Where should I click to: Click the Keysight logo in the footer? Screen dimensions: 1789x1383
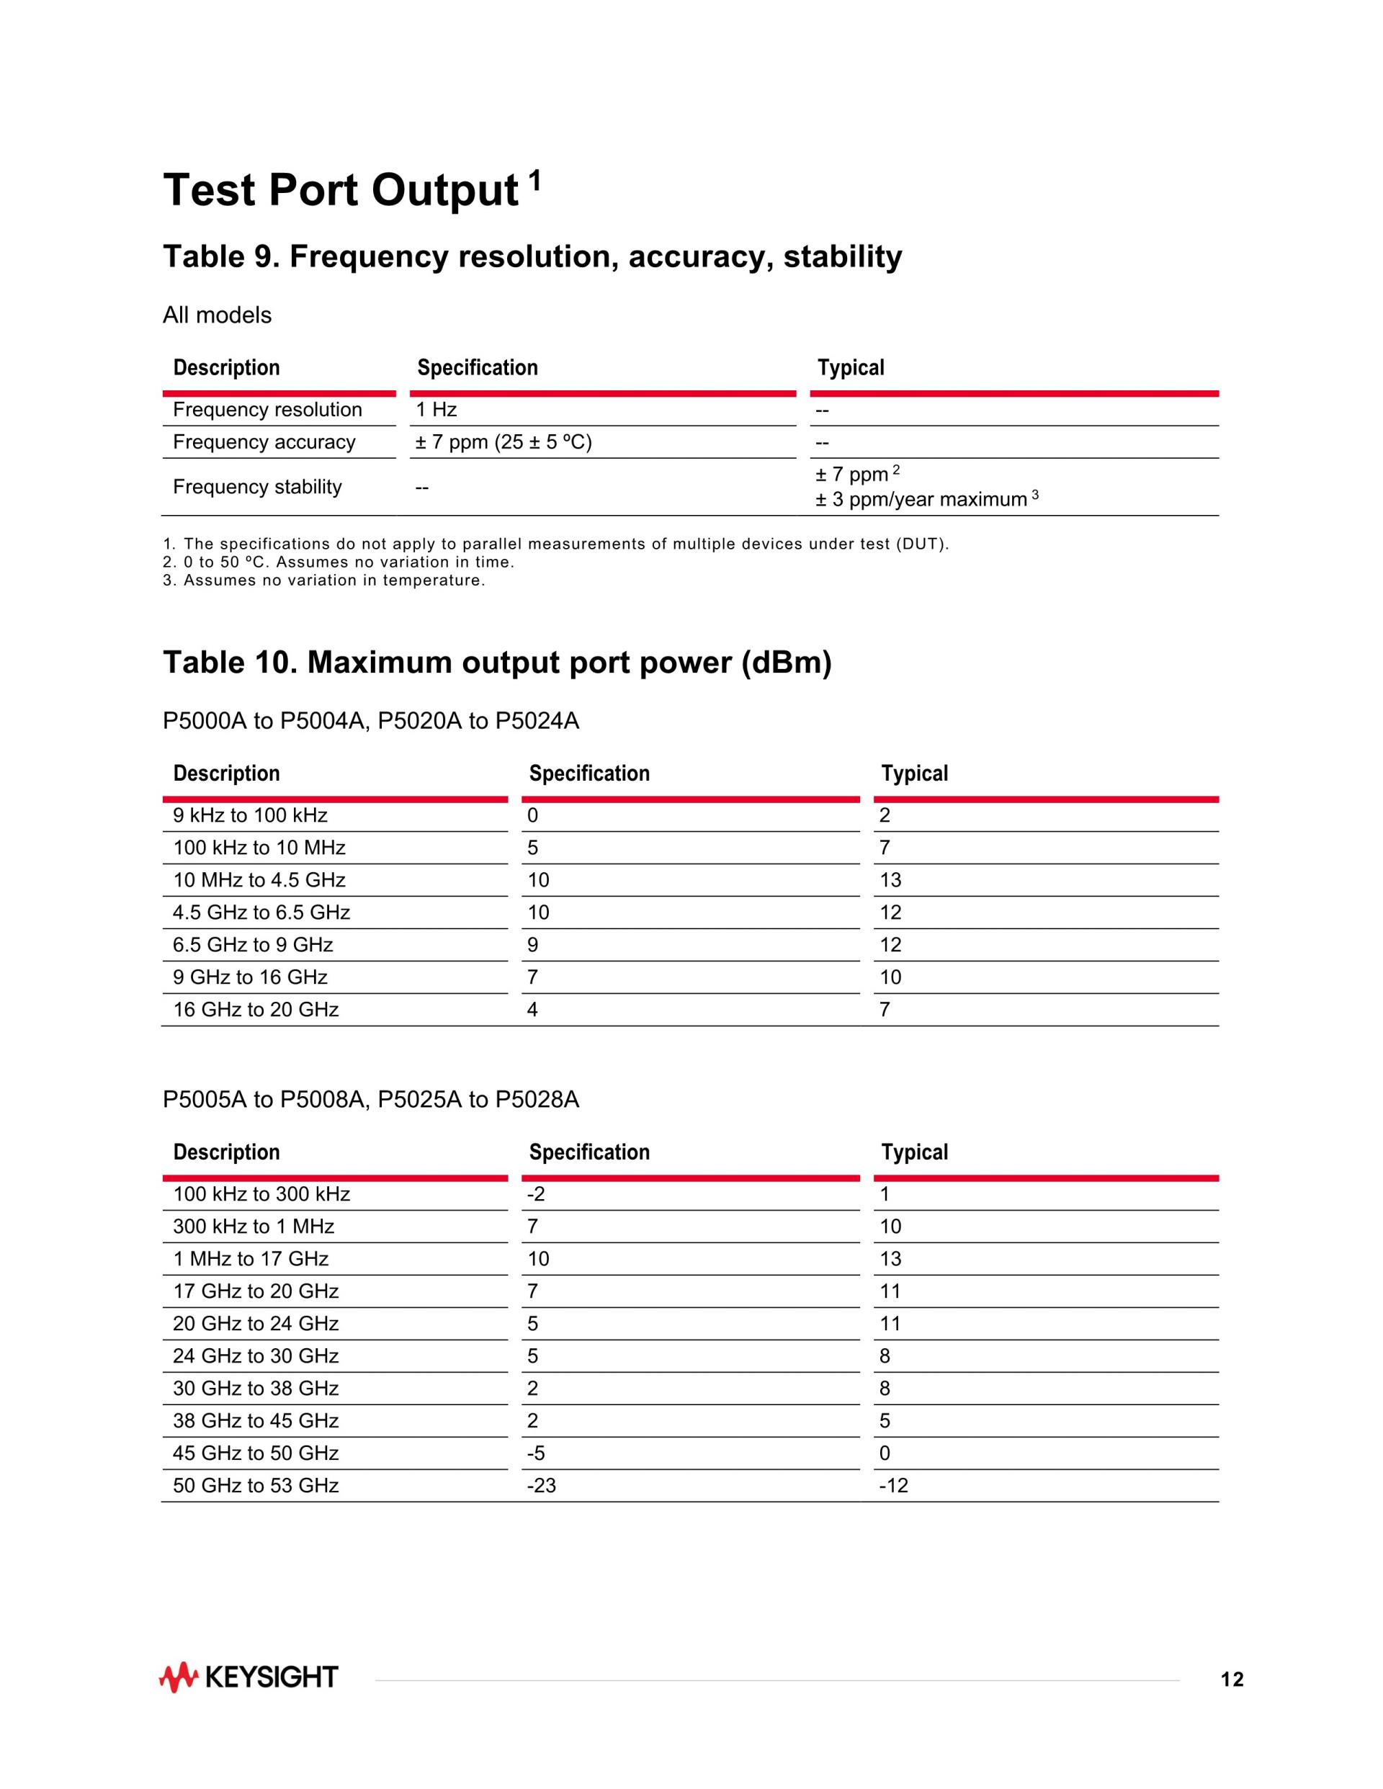tap(249, 1677)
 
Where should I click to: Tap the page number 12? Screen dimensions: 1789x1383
tap(1232, 1680)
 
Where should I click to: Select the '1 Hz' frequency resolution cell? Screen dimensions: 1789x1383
tap(436, 410)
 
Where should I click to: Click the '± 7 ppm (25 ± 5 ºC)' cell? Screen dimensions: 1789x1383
tap(503, 442)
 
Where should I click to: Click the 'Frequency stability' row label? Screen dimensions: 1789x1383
tap(256, 487)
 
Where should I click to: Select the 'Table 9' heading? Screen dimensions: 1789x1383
tap(532, 256)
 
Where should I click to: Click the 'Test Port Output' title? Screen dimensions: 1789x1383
tap(341, 190)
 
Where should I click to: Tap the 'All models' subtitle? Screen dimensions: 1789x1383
tap(217, 315)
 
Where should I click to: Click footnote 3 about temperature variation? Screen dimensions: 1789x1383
tap(323, 580)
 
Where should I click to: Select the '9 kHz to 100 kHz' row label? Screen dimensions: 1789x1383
tap(250, 815)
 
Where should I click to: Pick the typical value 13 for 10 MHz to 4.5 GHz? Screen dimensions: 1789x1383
tap(890, 880)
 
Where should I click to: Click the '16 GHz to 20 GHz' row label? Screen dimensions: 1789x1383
tap(256, 1009)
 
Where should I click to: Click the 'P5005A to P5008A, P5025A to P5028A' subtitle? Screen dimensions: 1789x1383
tap(370, 1099)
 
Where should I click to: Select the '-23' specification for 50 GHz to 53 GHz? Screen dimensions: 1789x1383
tap(541, 1485)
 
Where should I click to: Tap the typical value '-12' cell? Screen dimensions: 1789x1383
tap(893, 1485)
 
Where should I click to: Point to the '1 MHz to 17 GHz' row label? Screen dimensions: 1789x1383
tap(250, 1258)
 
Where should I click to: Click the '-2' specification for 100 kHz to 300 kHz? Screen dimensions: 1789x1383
tap(536, 1193)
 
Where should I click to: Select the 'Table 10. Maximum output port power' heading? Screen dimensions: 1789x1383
tap(496, 663)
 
